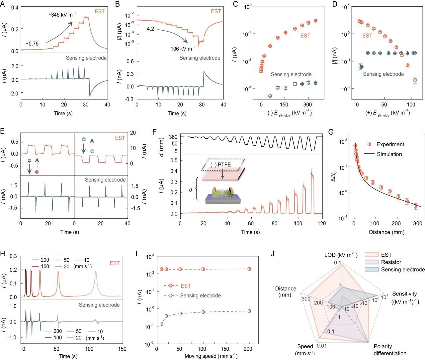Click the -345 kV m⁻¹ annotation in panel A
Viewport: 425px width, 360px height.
pyautogui.click(x=62, y=15)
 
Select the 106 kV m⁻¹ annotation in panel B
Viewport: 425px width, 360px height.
pyautogui.click(x=183, y=49)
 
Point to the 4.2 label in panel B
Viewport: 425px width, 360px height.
pyautogui.click(x=150, y=29)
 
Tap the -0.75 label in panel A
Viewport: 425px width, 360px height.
pyautogui.click(x=33, y=44)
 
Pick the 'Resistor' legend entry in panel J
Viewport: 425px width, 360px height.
pyautogui.click(x=391, y=262)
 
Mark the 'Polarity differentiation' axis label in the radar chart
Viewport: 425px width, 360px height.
pyautogui.click(x=390, y=350)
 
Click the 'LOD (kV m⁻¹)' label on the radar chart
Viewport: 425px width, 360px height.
pyautogui.click(x=341, y=255)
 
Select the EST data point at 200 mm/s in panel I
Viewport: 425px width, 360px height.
pyautogui.click(x=249, y=269)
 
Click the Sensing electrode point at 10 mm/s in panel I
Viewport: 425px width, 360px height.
pyautogui.click(x=162, y=324)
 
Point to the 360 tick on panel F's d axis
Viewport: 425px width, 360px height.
pyautogui.click(x=173, y=137)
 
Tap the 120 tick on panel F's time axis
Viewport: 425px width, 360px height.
pyautogui.click(x=322, y=224)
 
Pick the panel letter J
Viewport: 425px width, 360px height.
pyautogui.click(x=273, y=254)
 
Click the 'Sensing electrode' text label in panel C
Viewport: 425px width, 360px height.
pyautogui.click(x=291, y=74)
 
